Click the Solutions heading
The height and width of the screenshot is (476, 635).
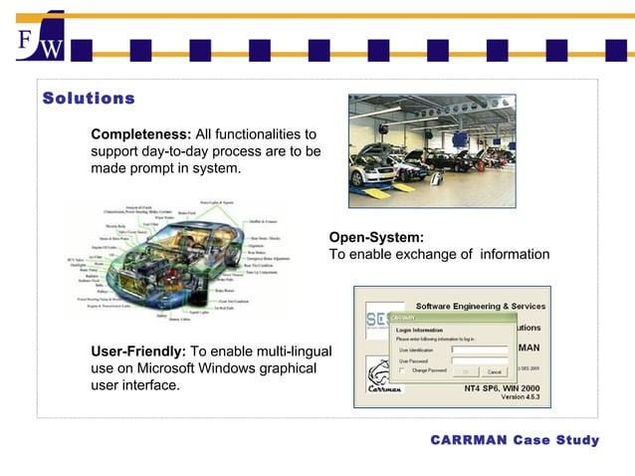click(89, 99)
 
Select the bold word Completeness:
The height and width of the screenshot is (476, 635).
click(140, 134)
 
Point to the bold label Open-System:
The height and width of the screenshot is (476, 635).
click(376, 237)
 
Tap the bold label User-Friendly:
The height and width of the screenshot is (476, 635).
click(137, 352)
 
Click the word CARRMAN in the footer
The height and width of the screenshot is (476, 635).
click(468, 440)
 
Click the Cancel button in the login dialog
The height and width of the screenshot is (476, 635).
click(494, 371)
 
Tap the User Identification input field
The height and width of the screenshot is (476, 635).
click(479, 350)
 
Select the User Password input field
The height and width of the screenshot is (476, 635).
click(479, 360)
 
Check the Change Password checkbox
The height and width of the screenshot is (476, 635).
click(401, 370)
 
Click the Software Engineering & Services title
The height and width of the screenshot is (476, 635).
click(480, 305)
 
